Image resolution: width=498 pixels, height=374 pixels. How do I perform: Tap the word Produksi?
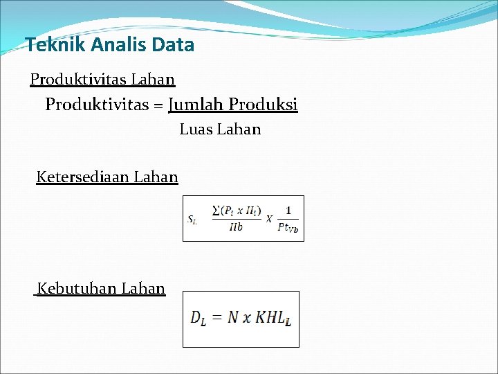pyautogui.click(x=263, y=105)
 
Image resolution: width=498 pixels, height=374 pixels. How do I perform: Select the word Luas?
pyautogui.click(x=196, y=130)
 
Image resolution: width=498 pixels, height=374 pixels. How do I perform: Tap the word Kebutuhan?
pyautogui.click(x=77, y=288)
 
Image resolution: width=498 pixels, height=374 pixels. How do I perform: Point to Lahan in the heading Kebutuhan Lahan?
pyautogui.click(x=143, y=288)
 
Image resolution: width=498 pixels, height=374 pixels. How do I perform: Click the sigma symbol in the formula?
pyautogui.click(x=216, y=210)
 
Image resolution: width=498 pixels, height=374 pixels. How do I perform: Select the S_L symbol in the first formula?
pyautogui.click(x=193, y=220)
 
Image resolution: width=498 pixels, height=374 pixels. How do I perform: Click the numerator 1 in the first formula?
pyautogui.click(x=288, y=210)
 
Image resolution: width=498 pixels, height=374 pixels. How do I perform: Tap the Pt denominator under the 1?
pyautogui.click(x=287, y=226)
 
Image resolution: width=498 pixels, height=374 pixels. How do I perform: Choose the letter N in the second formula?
pyautogui.click(x=233, y=317)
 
